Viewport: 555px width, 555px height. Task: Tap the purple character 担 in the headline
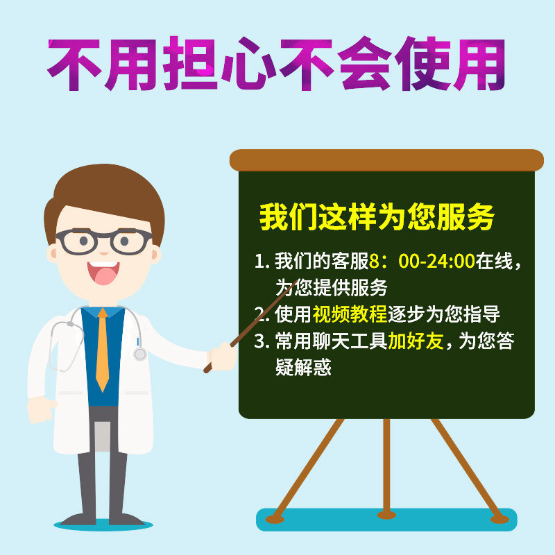pyautogui.click(x=190, y=63)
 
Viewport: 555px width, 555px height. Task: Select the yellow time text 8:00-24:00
pyautogui.click(x=422, y=261)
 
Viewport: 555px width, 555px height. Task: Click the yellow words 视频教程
pyautogui.click(x=350, y=314)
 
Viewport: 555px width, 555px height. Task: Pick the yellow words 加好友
pyautogui.click(x=416, y=341)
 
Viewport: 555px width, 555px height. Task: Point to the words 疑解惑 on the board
pyautogui.click(x=303, y=367)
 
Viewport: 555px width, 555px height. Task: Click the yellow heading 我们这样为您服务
pyautogui.click(x=377, y=217)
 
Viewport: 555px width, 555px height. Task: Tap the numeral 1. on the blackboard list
pyautogui.click(x=262, y=262)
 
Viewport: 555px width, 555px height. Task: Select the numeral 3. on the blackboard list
pyautogui.click(x=262, y=341)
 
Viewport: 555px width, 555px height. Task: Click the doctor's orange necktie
pyautogui.click(x=102, y=350)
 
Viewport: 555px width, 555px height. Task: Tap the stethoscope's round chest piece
pyautogui.click(x=140, y=354)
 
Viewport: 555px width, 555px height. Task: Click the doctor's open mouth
pyautogui.click(x=103, y=273)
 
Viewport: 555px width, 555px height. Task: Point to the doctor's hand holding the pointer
pyautogui.click(x=222, y=356)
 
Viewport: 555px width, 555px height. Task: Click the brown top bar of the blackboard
pyautogui.click(x=386, y=160)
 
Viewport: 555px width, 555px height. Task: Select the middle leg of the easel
pyautogui.click(x=386, y=468)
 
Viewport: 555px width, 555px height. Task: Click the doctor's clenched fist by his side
pyautogui.click(x=41, y=409)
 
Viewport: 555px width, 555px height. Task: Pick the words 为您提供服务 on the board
pyautogui.click(x=332, y=287)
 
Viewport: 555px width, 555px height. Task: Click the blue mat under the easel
pyautogui.click(x=386, y=520)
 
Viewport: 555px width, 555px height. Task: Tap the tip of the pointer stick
pyautogui.click(x=296, y=282)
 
